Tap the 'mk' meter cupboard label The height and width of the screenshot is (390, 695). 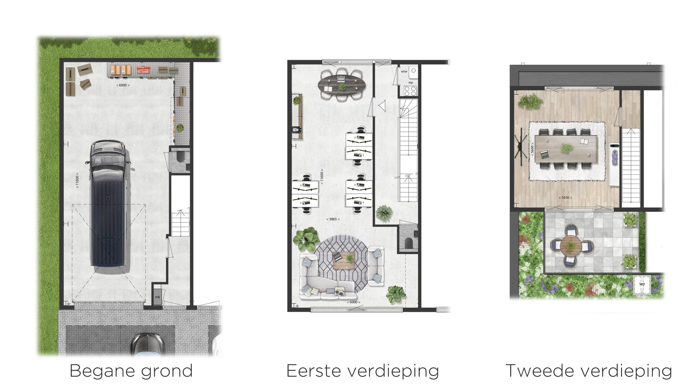coord(157,297)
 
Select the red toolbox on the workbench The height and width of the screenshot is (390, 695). coord(143,70)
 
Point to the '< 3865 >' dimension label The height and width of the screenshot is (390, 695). coord(333,219)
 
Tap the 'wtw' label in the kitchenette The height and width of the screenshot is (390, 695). coord(404,71)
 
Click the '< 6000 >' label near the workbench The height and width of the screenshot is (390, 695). coord(123,85)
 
